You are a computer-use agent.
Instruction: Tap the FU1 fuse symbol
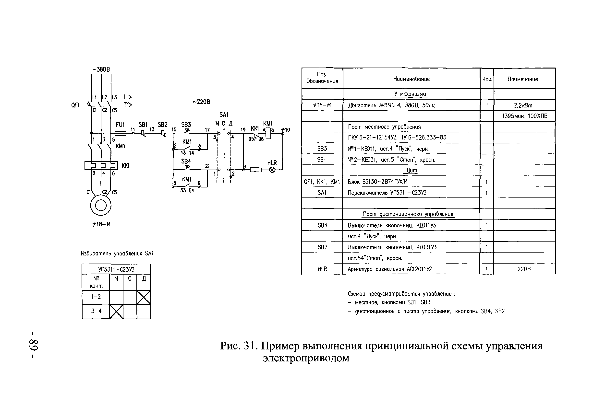pyautogui.click(x=120, y=133)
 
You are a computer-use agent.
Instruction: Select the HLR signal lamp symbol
pyautogui.click(x=272, y=170)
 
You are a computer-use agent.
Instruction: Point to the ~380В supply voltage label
pyautogui.click(x=101, y=70)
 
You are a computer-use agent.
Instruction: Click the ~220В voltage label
pyautogui.click(x=201, y=102)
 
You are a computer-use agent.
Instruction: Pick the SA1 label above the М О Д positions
pyautogui.click(x=224, y=115)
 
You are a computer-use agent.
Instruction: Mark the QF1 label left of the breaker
pyautogui.click(x=75, y=105)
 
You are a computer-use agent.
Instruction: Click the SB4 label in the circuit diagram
pyautogui.click(x=186, y=162)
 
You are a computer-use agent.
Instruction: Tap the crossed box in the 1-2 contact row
pyautogui.click(x=144, y=297)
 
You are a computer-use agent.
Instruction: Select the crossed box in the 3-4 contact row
pyautogui.click(x=116, y=312)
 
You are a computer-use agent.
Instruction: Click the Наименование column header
pyautogui.click(x=411, y=79)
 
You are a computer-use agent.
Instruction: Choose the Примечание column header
pyautogui.click(x=523, y=79)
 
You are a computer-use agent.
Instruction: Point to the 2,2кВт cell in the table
pyautogui.click(x=523, y=105)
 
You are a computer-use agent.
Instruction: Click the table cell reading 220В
pyautogui.click(x=524, y=269)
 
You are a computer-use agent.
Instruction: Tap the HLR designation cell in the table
pyautogui.click(x=322, y=269)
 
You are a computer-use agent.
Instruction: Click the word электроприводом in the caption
pyautogui.click(x=306, y=358)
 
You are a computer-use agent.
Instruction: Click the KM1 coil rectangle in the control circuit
pyautogui.click(x=268, y=133)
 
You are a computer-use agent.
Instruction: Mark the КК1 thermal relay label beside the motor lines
pyautogui.click(x=125, y=166)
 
